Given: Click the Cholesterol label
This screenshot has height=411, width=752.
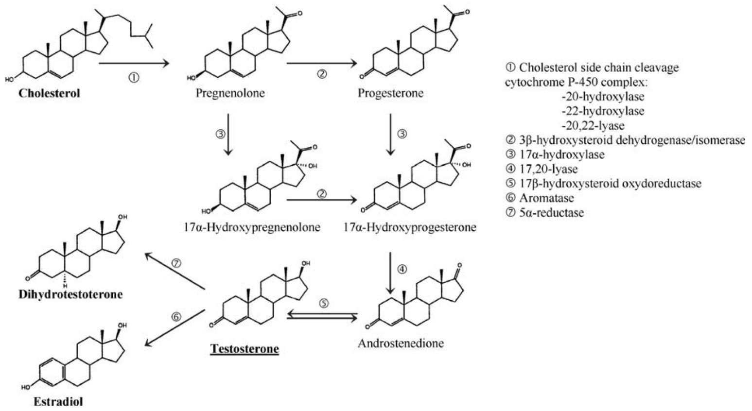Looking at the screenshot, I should pyautogui.click(x=49, y=93).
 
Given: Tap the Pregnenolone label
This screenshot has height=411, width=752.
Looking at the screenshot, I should pyautogui.click(x=230, y=93).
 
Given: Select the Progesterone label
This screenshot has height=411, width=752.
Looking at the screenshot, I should pyautogui.click(x=390, y=93).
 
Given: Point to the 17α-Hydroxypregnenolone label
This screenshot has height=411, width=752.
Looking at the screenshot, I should pyautogui.click(x=252, y=227).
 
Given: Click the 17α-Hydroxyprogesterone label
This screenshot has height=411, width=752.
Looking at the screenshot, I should pyautogui.click(x=410, y=227).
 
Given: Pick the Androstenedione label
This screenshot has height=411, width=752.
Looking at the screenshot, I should pyautogui.click(x=401, y=343).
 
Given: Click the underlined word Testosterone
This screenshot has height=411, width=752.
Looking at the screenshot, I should pyautogui.click(x=245, y=349).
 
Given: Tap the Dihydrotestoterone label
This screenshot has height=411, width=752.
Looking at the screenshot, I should pyautogui.click(x=70, y=294).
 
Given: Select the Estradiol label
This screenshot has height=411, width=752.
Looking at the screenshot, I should pyautogui.click(x=58, y=402).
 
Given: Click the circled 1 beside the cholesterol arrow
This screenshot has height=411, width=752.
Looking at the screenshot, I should pyautogui.click(x=134, y=77).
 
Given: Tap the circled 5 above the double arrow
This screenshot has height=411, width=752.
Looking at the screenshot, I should pyautogui.click(x=324, y=304).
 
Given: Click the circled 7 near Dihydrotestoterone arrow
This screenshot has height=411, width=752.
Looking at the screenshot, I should pyautogui.click(x=176, y=263).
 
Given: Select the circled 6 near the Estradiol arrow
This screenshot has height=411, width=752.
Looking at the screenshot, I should pyautogui.click(x=176, y=317).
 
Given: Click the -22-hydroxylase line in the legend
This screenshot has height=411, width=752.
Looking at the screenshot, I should pyautogui.click(x=602, y=111).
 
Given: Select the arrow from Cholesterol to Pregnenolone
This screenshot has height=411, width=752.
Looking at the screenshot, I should pyautogui.click(x=134, y=63).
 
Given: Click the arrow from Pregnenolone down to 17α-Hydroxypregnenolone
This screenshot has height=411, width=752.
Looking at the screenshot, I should pyautogui.click(x=227, y=134).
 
